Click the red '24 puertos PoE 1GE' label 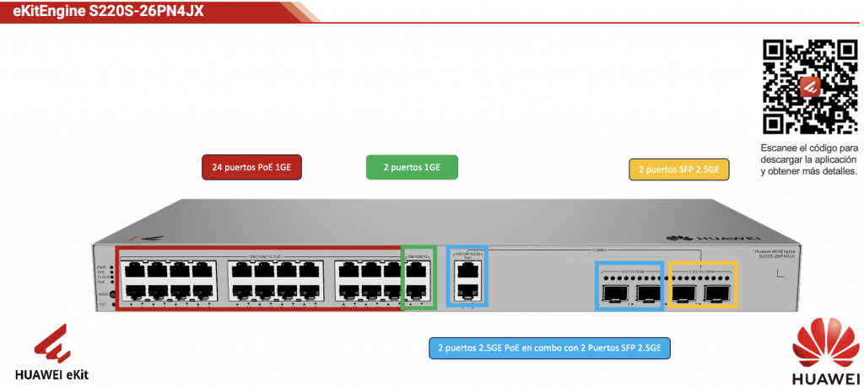pos(252,167)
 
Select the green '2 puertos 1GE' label pos(412,167)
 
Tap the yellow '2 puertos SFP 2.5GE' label pos(678,169)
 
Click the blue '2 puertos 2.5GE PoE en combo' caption pos(549,347)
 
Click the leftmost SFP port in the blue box pos(613,293)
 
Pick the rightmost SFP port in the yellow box pos(717,293)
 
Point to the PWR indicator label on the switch pos(100,266)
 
